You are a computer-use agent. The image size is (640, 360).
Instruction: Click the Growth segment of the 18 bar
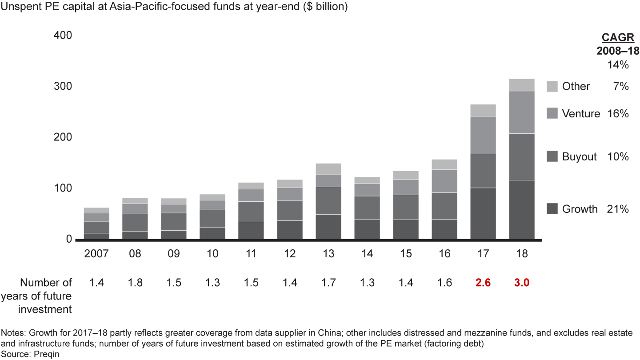(522, 210)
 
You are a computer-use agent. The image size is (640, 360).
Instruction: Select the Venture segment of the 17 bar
(483, 135)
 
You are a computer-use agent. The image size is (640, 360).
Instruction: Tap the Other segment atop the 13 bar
(328, 169)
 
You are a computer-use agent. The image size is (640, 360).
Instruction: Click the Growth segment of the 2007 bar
(96, 236)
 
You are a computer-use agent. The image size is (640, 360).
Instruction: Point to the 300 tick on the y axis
(63, 86)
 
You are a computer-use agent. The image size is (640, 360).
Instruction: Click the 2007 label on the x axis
(96, 254)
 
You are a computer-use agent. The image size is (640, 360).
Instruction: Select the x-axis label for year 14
(367, 254)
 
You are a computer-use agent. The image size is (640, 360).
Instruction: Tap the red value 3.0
(522, 282)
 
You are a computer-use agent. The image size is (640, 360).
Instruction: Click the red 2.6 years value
(483, 282)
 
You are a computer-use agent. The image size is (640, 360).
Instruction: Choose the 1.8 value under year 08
(135, 282)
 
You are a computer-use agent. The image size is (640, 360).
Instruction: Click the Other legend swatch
(552, 86)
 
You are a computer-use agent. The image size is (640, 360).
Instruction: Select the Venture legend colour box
(552, 114)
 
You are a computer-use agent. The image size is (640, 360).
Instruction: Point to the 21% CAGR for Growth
(618, 209)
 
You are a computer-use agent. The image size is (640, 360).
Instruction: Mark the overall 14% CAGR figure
(618, 65)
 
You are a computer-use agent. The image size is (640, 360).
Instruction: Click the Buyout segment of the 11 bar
(251, 212)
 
